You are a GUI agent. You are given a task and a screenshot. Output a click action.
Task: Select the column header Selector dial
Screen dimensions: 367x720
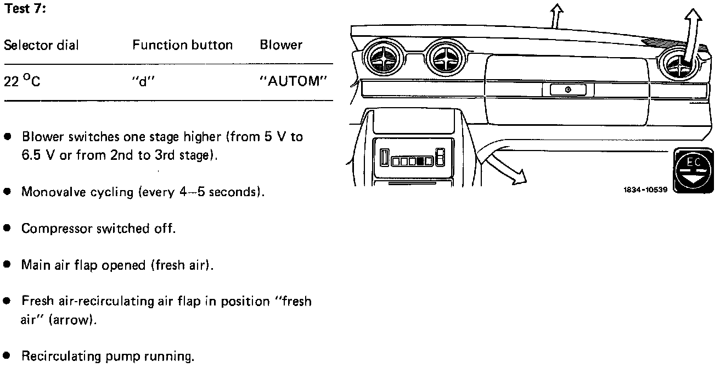tap(41, 45)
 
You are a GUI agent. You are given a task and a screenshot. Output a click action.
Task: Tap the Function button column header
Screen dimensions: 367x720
tap(182, 45)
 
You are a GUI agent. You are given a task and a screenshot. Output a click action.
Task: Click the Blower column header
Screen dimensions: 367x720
tap(281, 45)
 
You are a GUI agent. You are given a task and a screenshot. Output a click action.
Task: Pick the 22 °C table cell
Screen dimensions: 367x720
tap(22, 81)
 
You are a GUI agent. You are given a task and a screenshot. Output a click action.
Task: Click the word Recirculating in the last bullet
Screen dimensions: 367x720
tap(55, 357)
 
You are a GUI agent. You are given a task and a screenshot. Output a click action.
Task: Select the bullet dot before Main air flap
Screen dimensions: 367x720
tap(7, 265)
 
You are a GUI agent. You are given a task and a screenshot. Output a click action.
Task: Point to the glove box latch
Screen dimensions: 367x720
tap(567, 90)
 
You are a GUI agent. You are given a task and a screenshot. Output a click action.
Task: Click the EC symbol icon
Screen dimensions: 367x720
tap(693, 173)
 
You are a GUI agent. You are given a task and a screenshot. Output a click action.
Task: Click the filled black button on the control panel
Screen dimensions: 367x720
tap(420, 162)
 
